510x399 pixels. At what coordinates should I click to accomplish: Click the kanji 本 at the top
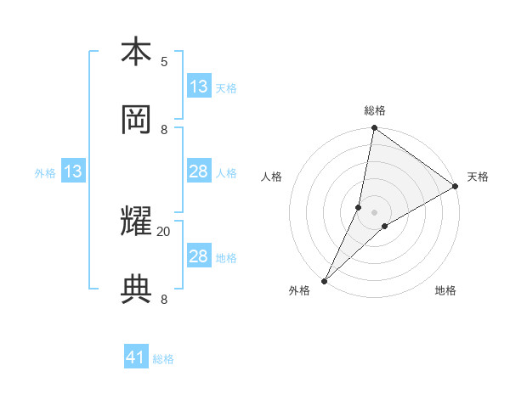[136, 52]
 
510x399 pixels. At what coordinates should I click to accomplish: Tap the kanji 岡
[136, 119]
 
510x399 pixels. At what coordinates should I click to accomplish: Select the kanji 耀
[136, 222]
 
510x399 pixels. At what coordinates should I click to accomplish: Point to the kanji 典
[136, 289]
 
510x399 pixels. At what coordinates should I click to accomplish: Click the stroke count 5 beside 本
[164, 62]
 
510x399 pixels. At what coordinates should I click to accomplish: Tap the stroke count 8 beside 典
[164, 299]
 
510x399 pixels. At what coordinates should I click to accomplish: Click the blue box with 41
[136, 358]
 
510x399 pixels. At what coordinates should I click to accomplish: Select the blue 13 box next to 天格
[199, 87]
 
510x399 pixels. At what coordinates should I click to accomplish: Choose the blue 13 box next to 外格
[73, 172]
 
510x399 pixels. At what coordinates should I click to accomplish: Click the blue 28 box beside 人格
[199, 172]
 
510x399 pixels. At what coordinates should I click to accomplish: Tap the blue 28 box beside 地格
[199, 256]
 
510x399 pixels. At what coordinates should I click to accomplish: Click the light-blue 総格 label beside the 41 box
[163, 359]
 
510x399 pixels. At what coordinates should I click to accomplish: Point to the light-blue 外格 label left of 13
[45, 173]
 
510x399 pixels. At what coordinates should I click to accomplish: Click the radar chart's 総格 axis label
[374, 111]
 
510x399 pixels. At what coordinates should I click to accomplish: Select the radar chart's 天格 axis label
[478, 177]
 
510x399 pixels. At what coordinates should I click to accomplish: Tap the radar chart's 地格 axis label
[445, 291]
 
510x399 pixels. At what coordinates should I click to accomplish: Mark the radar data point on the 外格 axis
[324, 280]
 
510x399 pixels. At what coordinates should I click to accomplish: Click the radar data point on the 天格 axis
[456, 187]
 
